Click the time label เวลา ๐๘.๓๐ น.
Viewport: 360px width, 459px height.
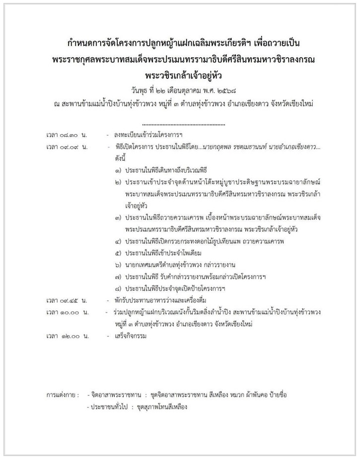(x=67, y=134)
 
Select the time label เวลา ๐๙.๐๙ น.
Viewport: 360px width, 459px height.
(x=67, y=148)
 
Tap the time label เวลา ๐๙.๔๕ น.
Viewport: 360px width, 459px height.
(x=67, y=301)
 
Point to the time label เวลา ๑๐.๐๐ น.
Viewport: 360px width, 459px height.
(x=67, y=312)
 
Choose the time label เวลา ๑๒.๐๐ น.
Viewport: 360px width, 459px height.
(x=67, y=336)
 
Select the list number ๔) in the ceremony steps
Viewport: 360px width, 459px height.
(x=117, y=241)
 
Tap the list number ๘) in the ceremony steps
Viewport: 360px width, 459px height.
(x=117, y=288)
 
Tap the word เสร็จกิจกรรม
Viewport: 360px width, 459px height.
(x=130, y=336)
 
